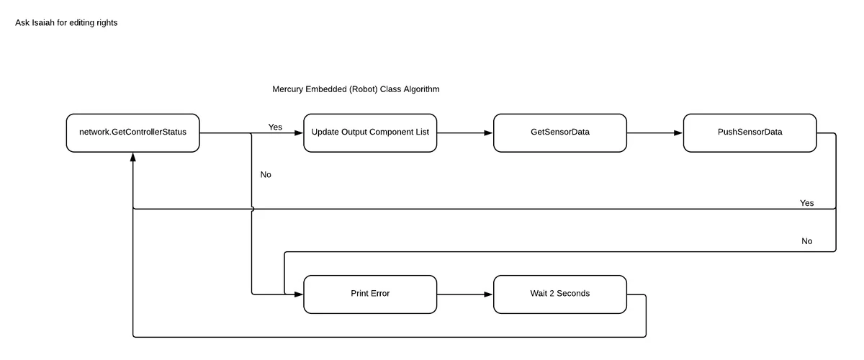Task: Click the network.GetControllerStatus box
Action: coord(132,132)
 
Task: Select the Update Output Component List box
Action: coord(370,132)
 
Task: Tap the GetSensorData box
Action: coord(559,132)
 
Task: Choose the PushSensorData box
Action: coord(750,132)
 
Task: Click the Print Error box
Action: coord(370,294)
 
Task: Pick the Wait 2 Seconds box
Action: coord(559,294)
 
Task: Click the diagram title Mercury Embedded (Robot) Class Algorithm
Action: coord(356,89)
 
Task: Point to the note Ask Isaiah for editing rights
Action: coord(66,23)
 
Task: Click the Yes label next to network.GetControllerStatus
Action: coord(275,127)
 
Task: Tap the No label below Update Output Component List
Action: coord(266,175)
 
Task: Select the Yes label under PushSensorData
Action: coord(806,203)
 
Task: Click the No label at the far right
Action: coord(806,241)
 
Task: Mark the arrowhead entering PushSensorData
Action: coord(678,133)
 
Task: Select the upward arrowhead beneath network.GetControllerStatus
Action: coord(133,157)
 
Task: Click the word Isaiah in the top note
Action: coord(45,23)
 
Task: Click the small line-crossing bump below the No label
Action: coord(253,209)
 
